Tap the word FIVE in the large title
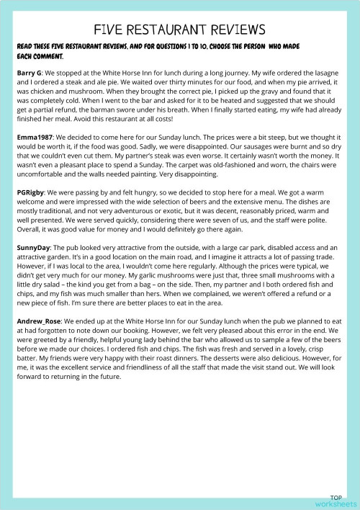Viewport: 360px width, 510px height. click(115, 30)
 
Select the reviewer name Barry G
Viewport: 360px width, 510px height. click(30, 73)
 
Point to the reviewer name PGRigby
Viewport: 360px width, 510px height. click(32, 192)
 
